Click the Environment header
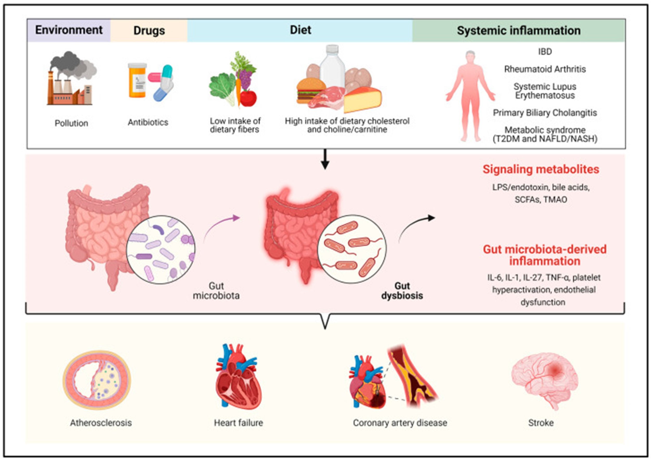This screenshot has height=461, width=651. pyautogui.click(x=69, y=30)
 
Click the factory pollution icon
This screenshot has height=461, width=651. pyautogui.click(x=71, y=80)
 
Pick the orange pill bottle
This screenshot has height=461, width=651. pyautogui.click(x=137, y=80)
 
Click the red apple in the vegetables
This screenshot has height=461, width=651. pyautogui.click(x=248, y=98)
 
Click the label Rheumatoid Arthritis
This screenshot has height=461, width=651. pyautogui.click(x=545, y=69)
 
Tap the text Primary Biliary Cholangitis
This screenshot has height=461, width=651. pyautogui.click(x=545, y=113)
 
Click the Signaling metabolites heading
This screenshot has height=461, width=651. pyautogui.click(x=541, y=169)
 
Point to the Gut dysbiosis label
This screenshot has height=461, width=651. pyautogui.click(x=402, y=291)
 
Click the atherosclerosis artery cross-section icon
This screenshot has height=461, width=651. pyautogui.click(x=97, y=380)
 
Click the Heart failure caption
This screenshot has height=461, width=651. pyautogui.click(x=238, y=423)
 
